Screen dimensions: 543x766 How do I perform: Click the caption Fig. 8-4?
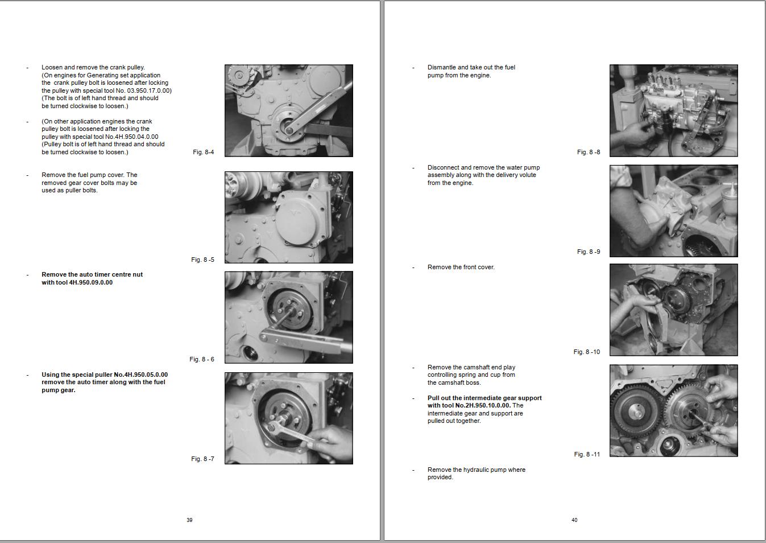pos(204,152)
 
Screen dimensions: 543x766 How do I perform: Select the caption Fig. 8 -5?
pos(202,260)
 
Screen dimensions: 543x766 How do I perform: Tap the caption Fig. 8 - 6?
pos(202,359)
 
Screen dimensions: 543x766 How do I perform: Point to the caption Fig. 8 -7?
pos(202,459)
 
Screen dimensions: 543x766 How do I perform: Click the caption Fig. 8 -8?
pos(589,152)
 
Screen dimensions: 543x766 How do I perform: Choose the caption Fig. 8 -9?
pos(589,252)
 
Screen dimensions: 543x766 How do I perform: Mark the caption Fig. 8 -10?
pos(587,352)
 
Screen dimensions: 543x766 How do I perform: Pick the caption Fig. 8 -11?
pos(587,454)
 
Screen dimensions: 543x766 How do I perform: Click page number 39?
pos(189,520)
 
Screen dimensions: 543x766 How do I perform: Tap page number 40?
pos(574,520)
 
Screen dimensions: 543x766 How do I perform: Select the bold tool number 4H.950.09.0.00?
pos(90,282)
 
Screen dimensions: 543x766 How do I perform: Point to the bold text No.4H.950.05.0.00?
pos(140,375)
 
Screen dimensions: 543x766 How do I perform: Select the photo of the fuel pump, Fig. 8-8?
pos(673,110)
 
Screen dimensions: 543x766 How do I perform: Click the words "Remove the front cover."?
pos(461,267)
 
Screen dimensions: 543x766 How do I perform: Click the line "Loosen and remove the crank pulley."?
pos(93,67)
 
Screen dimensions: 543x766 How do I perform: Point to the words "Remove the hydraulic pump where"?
pos(476,470)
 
